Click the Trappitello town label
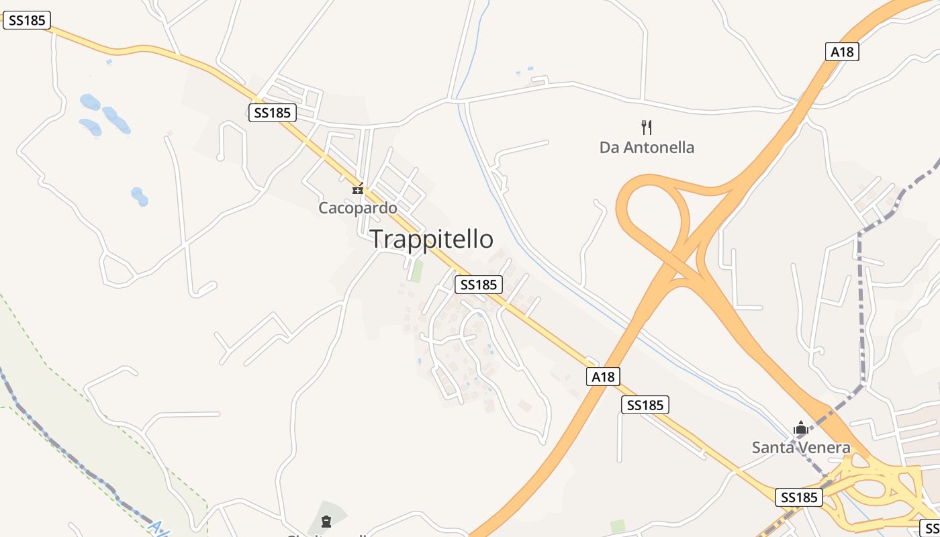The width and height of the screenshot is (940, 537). [x=432, y=239]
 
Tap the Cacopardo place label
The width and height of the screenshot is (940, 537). [x=358, y=208]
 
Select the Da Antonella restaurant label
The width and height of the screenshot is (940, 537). [x=647, y=147]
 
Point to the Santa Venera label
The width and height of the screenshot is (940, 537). [x=801, y=447]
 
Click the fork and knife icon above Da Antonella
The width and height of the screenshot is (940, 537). [x=647, y=127]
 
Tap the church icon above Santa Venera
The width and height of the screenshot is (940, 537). [x=800, y=428]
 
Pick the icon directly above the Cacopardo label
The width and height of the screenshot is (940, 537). [x=358, y=189]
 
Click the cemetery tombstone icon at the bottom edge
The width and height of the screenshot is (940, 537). [x=326, y=522]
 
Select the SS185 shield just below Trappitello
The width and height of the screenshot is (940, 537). [x=478, y=285]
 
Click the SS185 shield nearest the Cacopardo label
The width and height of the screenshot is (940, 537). [x=273, y=113]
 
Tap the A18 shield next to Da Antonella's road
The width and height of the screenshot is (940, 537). [x=843, y=52]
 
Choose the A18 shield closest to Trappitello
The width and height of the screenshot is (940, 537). [x=603, y=377]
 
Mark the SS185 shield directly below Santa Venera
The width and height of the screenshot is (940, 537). [x=799, y=497]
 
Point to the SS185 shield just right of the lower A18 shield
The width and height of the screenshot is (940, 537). [x=645, y=405]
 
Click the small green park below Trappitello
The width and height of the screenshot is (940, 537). [x=418, y=271]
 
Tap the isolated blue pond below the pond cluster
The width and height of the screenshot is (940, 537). [x=139, y=197]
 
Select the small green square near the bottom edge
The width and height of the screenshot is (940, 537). [x=618, y=526]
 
